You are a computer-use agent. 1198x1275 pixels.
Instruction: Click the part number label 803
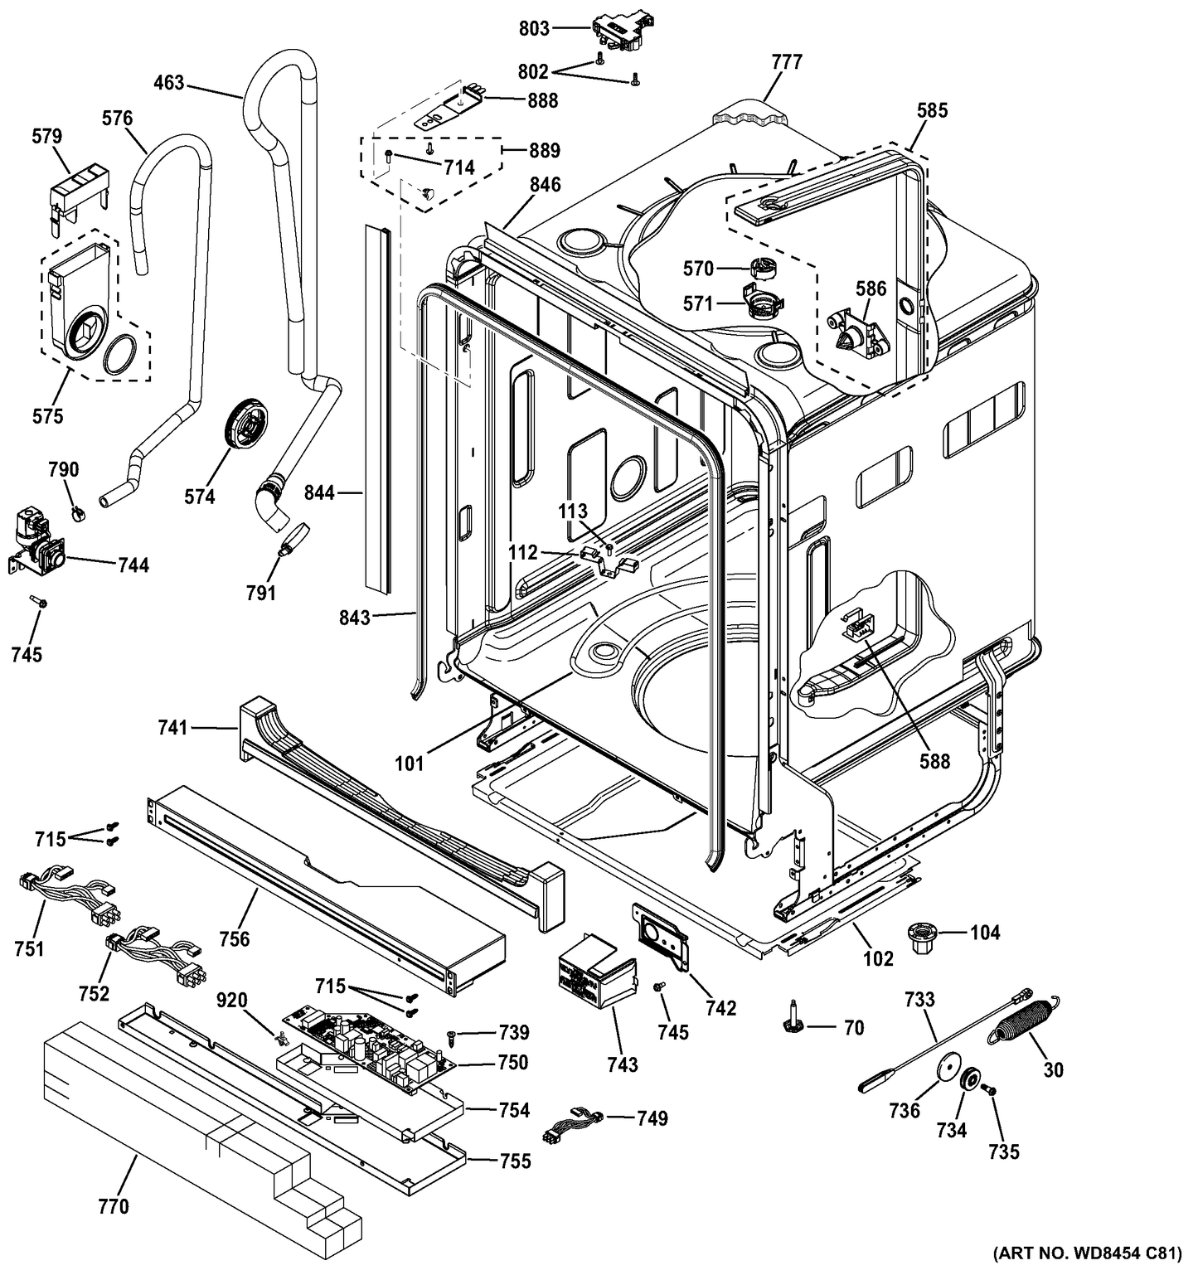(x=534, y=29)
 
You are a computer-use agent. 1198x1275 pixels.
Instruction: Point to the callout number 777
(x=786, y=62)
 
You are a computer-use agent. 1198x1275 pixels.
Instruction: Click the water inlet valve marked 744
(x=36, y=547)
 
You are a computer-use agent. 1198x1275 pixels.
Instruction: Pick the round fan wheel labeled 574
(x=247, y=424)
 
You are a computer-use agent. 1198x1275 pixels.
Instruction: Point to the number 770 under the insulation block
(x=114, y=1206)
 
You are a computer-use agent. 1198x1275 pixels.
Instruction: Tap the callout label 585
(x=933, y=110)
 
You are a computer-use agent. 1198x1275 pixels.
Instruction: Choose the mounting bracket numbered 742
(x=662, y=935)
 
